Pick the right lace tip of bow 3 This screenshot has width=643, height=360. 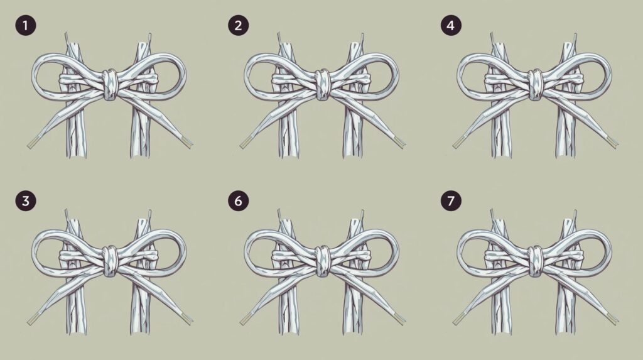pos(186,319)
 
